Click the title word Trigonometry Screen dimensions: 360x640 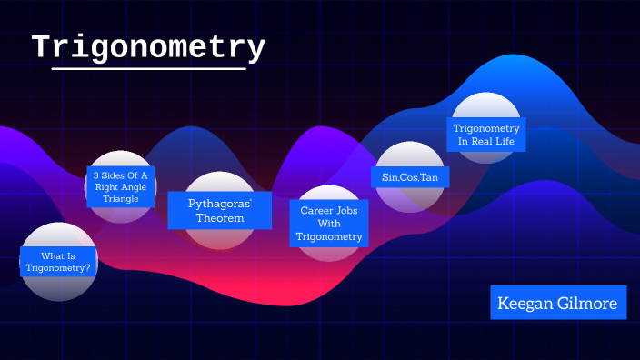149,47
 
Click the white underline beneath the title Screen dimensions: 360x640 149,68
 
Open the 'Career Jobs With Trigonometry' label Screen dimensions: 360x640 329,223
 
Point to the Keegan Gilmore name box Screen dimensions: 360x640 558,303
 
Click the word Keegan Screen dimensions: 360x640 527,303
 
